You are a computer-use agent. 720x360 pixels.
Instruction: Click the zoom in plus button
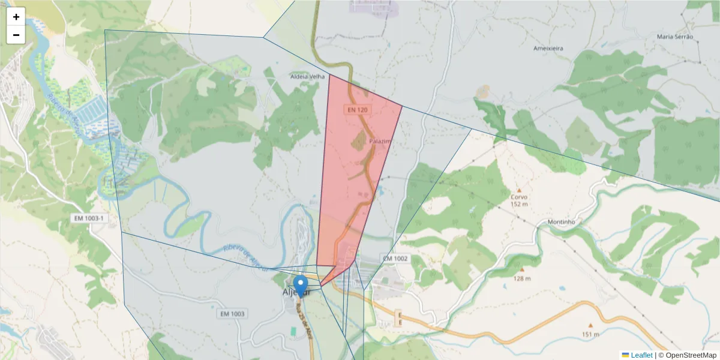[16, 17]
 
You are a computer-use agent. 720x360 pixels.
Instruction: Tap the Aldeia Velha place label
[307, 77]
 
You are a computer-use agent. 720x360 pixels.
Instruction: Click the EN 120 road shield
[356, 110]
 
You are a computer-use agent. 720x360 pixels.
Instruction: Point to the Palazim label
[380, 141]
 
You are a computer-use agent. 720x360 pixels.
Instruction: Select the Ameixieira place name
[552, 48]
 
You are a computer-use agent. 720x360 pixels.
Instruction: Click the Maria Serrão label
[675, 37]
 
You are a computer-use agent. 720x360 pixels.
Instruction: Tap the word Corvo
[519, 197]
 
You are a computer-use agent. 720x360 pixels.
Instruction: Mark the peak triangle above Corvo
[519, 190]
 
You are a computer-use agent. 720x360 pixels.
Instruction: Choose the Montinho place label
[562, 222]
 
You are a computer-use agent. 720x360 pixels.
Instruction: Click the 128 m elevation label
[521, 278]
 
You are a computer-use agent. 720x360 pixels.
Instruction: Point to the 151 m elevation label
[590, 334]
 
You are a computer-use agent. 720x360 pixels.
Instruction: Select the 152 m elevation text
[519, 204]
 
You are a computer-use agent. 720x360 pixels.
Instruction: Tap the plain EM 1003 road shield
[232, 314]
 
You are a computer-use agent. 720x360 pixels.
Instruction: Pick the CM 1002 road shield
[395, 259]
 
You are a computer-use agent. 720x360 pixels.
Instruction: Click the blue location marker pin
[301, 284]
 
